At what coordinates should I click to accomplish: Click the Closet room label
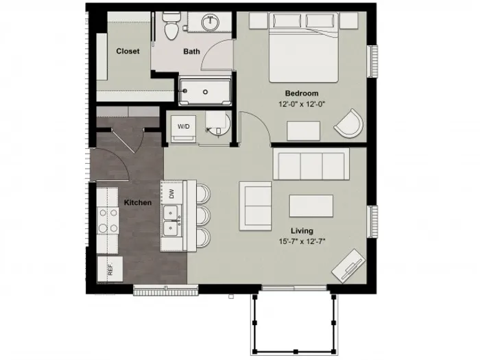[x=128, y=51]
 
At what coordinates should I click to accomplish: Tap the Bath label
[x=191, y=51]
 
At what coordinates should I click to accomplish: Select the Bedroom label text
[x=302, y=93]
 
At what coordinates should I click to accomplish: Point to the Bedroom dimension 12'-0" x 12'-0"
[x=302, y=104]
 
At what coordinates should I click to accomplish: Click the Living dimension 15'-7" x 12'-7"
[x=302, y=241]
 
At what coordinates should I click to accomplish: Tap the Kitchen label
[x=138, y=202]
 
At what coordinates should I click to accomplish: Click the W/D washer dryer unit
[x=183, y=129]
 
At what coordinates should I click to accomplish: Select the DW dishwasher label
[x=171, y=193]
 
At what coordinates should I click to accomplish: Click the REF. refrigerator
[x=110, y=269]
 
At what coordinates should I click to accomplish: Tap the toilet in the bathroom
[x=171, y=27]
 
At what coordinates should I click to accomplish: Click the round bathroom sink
[x=211, y=21]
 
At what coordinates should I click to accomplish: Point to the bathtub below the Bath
[x=205, y=92]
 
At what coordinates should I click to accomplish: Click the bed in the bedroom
[x=303, y=47]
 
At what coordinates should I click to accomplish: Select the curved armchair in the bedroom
[x=349, y=123]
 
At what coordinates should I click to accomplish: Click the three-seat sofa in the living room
[x=311, y=164]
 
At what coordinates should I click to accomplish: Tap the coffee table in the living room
[x=311, y=206]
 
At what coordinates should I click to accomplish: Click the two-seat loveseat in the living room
[x=255, y=206]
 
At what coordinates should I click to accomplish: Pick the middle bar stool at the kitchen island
[x=203, y=215]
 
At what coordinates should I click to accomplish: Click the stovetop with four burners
[x=108, y=220]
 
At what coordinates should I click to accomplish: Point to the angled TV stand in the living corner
[x=348, y=266]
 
